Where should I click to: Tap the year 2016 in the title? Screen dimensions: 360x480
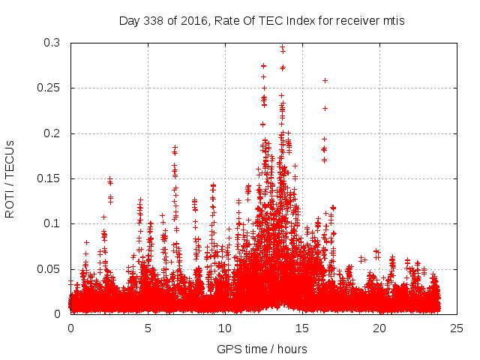(187, 21)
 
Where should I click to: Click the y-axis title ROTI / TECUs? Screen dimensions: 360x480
(10, 178)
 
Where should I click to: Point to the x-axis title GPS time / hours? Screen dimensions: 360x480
(262, 349)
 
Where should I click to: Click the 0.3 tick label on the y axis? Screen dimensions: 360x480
(53, 43)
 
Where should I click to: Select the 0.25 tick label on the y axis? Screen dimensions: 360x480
(50, 88)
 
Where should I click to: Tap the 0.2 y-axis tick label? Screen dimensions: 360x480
(53, 133)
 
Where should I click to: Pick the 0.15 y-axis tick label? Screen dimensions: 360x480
(50, 178)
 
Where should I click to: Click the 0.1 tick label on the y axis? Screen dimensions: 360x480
(53, 223)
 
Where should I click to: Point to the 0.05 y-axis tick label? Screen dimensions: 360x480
(50, 268)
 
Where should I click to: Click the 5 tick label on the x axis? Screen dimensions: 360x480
(148, 328)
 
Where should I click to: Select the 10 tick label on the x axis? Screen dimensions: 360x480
(225, 328)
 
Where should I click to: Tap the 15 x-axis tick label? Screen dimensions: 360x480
(302, 328)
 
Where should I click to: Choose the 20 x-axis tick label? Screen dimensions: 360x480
(379, 328)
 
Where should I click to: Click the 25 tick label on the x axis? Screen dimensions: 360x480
(456, 328)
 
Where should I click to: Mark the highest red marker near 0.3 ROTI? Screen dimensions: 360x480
(282, 46)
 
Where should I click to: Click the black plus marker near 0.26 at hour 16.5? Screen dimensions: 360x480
(325, 80)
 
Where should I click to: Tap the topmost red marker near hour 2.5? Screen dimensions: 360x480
(109, 179)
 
